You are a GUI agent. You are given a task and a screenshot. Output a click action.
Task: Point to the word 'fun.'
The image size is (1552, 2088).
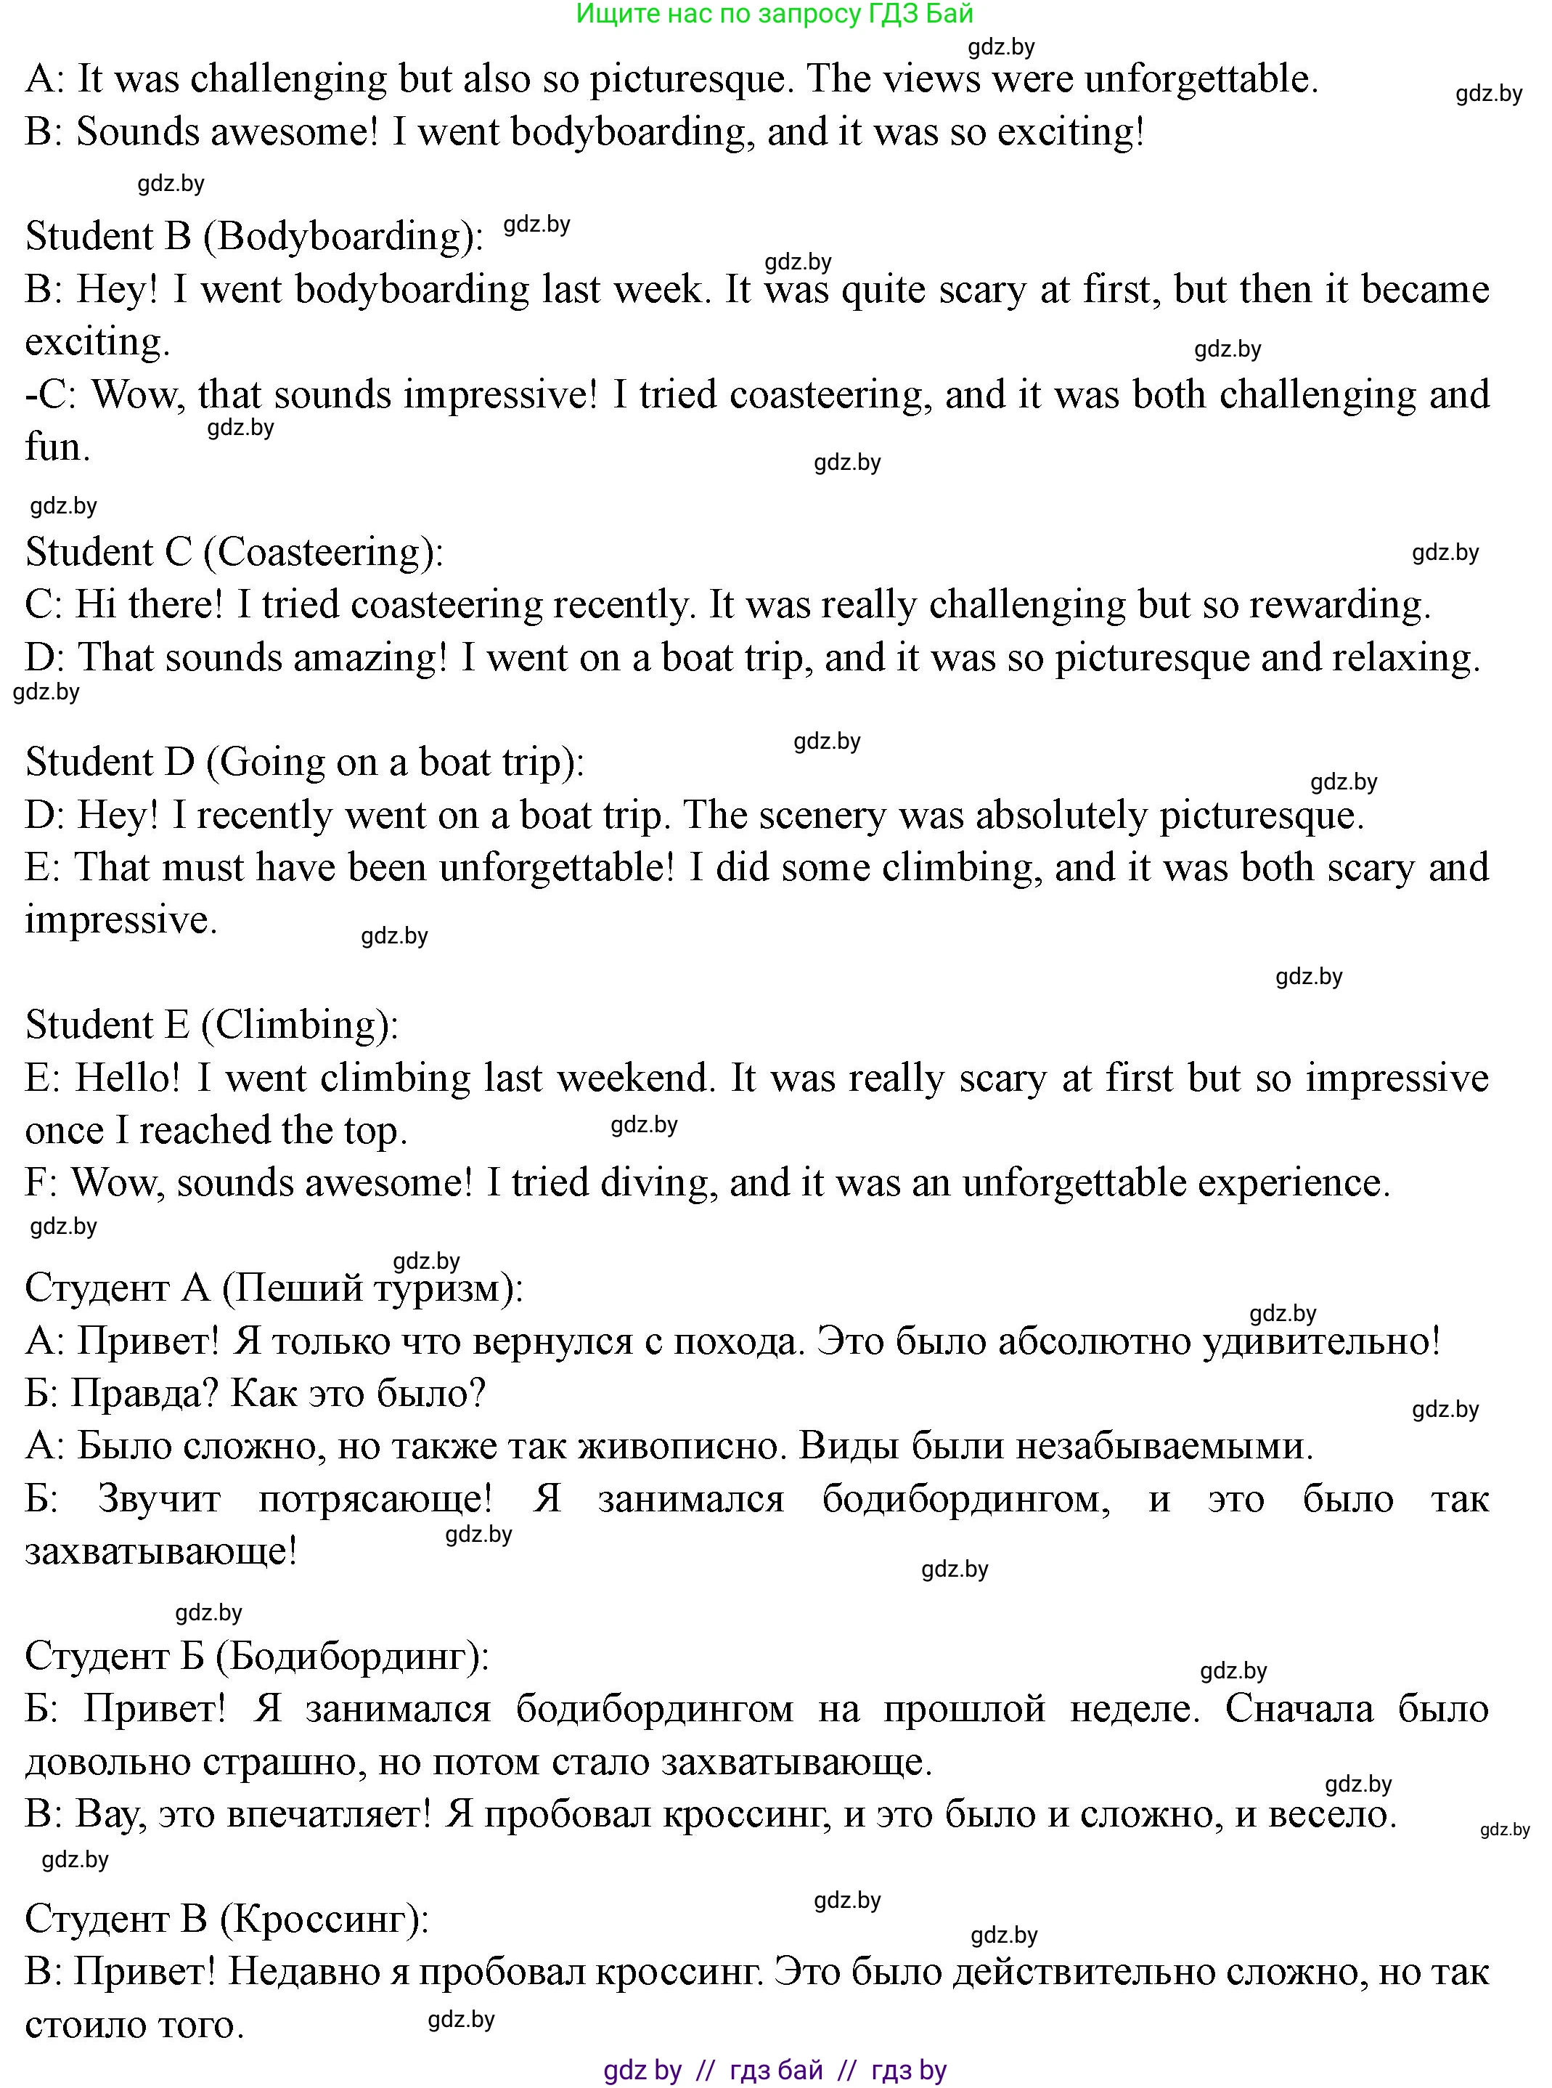coord(57,447)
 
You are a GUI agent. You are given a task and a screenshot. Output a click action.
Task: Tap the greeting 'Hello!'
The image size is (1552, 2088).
coord(127,1078)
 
